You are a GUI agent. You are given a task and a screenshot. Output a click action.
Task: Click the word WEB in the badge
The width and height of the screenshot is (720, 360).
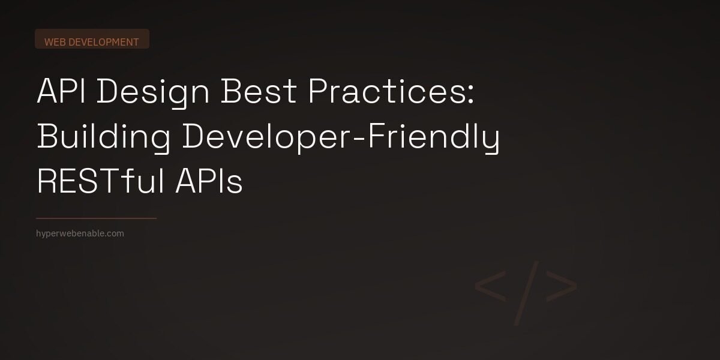[55, 42]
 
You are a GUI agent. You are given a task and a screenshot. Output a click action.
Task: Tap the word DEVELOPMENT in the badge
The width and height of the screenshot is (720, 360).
[104, 42]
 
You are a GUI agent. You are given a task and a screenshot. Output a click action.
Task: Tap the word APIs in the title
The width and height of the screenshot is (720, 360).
[209, 182]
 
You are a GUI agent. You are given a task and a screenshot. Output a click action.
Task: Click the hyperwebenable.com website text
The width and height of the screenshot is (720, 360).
[80, 233]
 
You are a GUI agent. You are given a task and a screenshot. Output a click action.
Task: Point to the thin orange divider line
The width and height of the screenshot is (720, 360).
[96, 218]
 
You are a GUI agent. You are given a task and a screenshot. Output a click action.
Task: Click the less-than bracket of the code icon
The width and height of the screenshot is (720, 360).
[490, 286]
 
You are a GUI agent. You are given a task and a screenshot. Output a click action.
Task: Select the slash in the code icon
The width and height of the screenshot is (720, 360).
[526, 293]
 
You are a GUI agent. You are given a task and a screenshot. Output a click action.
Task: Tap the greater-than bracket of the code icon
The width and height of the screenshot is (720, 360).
[563, 286]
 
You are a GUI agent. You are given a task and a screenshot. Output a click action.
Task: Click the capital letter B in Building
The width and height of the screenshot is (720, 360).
[47, 137]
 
